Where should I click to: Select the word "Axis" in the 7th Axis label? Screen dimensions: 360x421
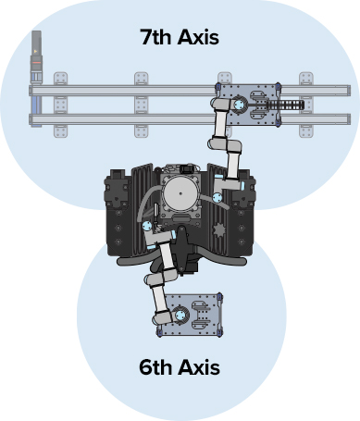click(198, 37)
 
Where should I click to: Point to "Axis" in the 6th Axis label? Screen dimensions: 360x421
click(199, 367)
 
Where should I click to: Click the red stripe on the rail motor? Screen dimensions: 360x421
click(36, 63)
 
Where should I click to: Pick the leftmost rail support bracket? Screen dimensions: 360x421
click(61, 105)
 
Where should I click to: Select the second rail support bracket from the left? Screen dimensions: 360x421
click(142, 105)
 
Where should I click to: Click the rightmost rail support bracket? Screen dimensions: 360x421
click(306, 105)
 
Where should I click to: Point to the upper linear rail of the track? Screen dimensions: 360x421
click(190, 91)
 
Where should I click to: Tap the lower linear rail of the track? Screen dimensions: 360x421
click(190, 119)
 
